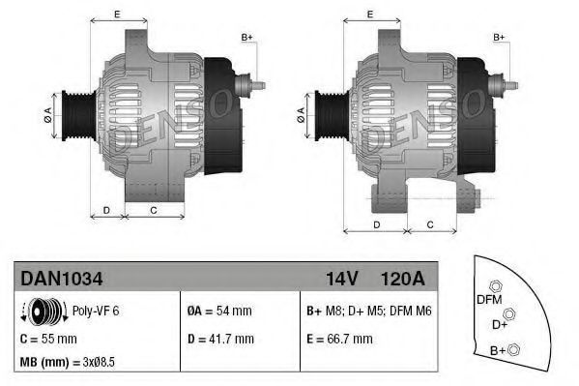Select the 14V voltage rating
coord(342,279)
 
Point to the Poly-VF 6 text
coord(97,312)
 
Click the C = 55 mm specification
coord(48,339)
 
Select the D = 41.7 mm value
coord(220,339)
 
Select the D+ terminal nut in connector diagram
coord(508,312)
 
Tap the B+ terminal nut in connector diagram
coord(514,349)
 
